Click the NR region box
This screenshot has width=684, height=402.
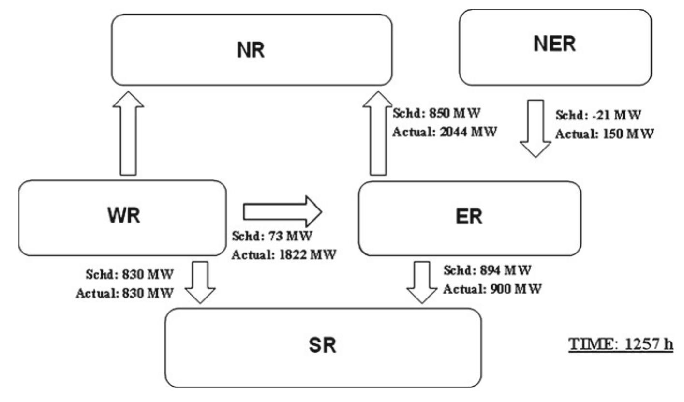click(x=252, y=50)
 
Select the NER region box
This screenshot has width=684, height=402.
click(x=555, y=47)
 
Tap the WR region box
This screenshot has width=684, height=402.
click(x=122, y=218)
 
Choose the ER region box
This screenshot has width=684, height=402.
click(x=469, y=218)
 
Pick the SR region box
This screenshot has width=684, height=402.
click(x=323, y=347)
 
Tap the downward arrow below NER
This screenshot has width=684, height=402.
click(x=535, y=128)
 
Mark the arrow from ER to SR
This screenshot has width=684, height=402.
click(x=421, y=283)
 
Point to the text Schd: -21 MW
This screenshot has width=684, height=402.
click(x=598, y=116)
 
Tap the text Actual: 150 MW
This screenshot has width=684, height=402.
click(x=604, y=134)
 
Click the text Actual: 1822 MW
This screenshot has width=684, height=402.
click(x=283, y=254)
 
